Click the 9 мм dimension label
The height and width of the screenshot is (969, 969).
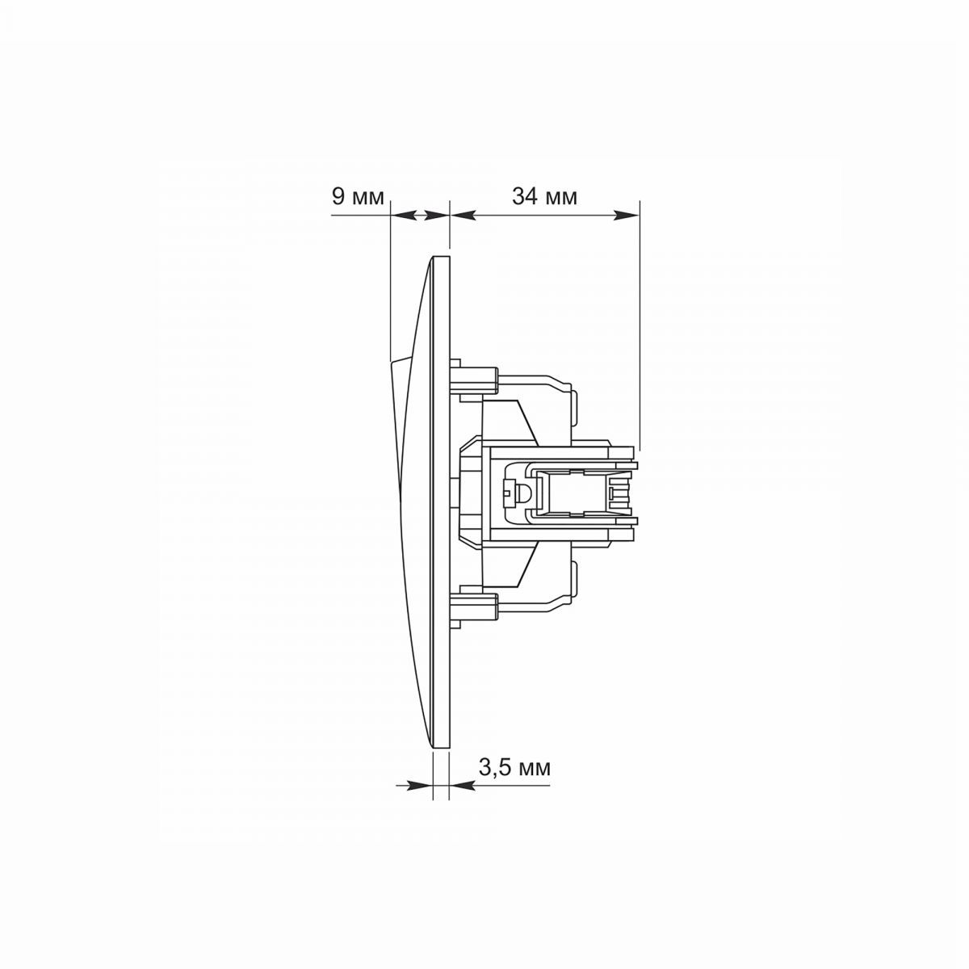(358, 196)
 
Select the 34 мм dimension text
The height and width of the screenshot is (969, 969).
(544, 196)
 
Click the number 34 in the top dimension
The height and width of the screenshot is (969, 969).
(524, 196)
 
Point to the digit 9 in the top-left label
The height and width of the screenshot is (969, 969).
(338, 196)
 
